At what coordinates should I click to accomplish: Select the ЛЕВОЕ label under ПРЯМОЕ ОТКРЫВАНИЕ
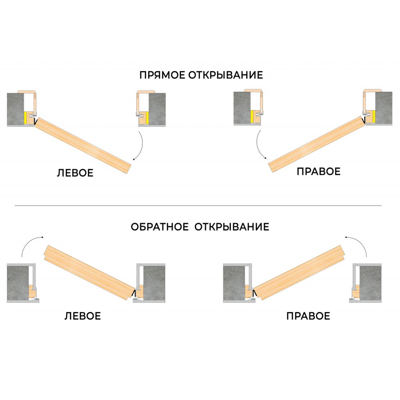(75, 173)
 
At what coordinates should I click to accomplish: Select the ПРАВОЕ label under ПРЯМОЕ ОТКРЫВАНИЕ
(318, 172)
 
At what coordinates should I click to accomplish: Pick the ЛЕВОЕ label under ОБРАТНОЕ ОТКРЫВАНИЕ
(83, 316)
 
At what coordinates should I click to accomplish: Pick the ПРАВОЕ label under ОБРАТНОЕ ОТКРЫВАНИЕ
(308, 316)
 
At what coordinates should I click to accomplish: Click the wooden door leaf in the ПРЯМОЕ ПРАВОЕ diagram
(316, 144)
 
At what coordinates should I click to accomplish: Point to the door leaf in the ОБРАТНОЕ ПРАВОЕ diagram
(300, 272)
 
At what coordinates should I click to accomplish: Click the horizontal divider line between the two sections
(198, 206)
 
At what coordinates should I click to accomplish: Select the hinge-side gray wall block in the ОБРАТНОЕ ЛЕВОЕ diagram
(154, 282)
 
